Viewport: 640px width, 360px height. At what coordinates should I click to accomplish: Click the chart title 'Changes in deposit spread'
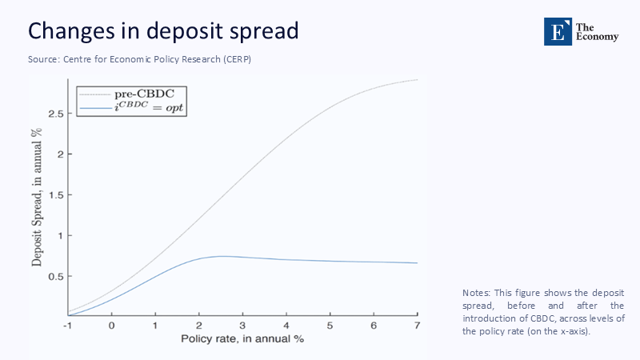click(163, 31)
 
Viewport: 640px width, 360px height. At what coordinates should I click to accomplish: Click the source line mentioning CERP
click(140, 60)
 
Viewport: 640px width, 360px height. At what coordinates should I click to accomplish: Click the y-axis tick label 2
click(58, 154)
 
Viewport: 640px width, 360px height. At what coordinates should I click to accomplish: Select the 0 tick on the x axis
click(111, 326)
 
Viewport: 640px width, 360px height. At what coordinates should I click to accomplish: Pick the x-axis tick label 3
click(242, 326)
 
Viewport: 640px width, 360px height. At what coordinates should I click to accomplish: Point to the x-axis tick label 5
click(330, 326)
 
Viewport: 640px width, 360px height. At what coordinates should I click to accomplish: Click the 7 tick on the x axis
click(417, 326)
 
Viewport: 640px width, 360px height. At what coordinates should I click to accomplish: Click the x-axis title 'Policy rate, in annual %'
click(243, 339)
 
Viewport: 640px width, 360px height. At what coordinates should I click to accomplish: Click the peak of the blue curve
click(222, 256)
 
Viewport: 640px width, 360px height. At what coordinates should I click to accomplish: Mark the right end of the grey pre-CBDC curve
click(417, 80)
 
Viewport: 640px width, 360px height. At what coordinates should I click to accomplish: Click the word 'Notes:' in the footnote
click(478, 293)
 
